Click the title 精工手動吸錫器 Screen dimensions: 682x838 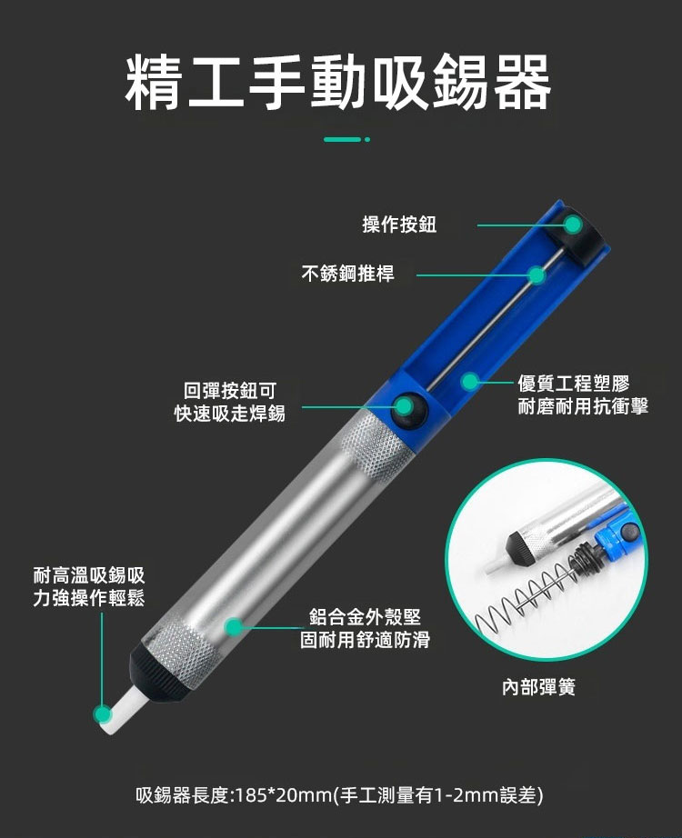click(338, 83)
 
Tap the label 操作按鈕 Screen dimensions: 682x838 click(399, 224)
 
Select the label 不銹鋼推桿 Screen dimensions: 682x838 click(347, 273)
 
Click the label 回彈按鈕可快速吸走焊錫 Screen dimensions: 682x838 click(230, 402)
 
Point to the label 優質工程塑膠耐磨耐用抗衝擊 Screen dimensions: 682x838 click(583, 394)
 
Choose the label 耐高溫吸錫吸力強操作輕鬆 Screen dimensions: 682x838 click(89, 586)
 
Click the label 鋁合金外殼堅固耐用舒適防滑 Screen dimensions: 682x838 click(365, 628)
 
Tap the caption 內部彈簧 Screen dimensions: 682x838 click(538, 687)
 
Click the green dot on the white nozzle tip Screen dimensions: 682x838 click(102, 714)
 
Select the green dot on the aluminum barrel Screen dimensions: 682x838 click(233, 627)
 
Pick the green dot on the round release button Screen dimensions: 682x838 click(405, 406)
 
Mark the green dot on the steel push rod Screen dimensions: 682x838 click(537, 275)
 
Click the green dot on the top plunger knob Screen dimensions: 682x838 click(573, 225)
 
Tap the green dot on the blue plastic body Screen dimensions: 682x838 click(469, 382)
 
